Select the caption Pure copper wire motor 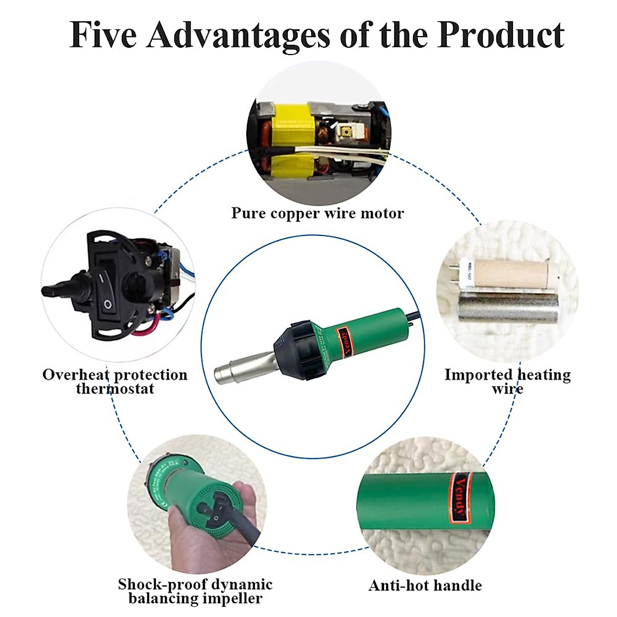pyautogui.click(x=317, y=213)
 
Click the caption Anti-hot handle pyautogui.click(x=425, y=585)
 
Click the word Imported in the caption pyautogui.click(x=478, y=375)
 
